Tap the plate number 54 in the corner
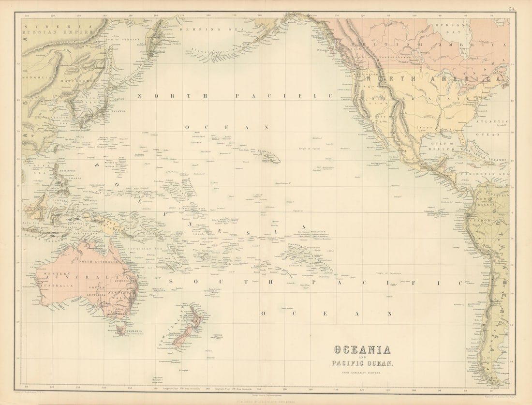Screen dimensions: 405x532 [512, 8]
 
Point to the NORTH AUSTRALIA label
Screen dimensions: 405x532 [98, 262]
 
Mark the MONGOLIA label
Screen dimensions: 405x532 [37, 77]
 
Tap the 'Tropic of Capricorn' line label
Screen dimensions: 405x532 [388, 273]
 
